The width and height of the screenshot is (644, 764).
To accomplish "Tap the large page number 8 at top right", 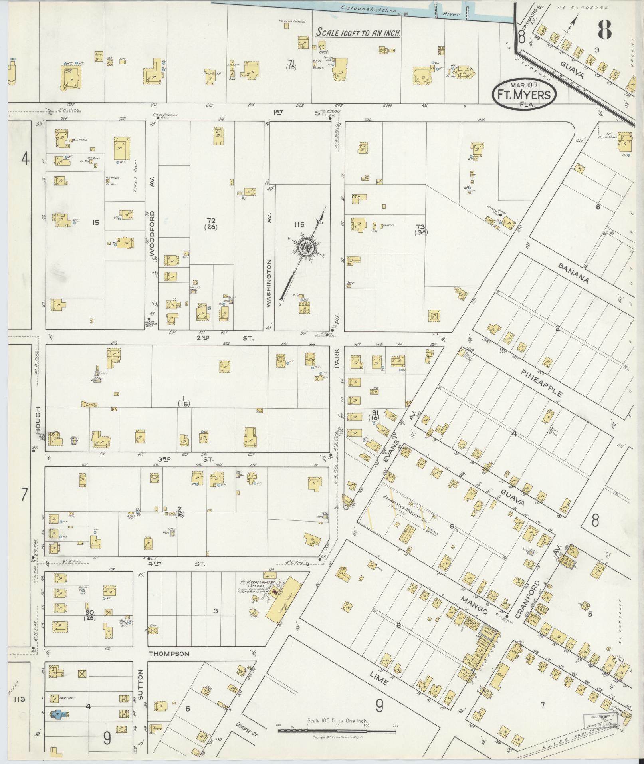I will [605, 29].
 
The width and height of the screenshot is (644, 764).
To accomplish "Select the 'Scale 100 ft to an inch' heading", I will [358, 33].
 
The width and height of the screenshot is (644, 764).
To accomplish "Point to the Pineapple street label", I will [542, 383].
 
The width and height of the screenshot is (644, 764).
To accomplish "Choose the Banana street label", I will [573, 273].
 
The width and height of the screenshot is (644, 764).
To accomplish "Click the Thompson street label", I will [168, 654].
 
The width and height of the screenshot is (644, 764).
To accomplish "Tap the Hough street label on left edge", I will [38, 420].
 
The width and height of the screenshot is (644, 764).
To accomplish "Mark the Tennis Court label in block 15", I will [136, 171].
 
